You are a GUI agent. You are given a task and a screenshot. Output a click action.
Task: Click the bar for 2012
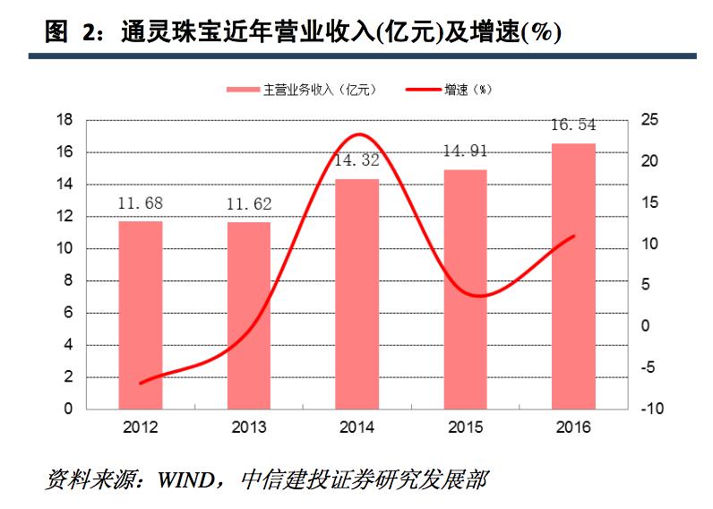[x=141, y=315]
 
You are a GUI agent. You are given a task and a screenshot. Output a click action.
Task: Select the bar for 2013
[x=249, y=315]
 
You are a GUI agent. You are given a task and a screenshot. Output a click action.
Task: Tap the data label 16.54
[x=573, y=125]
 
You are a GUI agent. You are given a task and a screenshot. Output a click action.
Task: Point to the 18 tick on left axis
[x=64, y=120]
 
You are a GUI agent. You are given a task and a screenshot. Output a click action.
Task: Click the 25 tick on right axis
[x=650, y=120]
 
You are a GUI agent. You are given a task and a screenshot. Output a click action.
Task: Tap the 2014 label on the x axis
[x=357, y=427]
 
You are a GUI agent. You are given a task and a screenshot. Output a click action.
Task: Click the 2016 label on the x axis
[x=573, y=427]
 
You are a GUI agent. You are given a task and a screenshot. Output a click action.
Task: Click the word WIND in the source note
[x=185, y=479]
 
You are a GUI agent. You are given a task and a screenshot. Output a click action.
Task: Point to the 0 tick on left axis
[x=68, y=410]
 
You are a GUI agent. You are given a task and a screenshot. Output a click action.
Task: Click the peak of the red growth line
[x=359, y=134]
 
